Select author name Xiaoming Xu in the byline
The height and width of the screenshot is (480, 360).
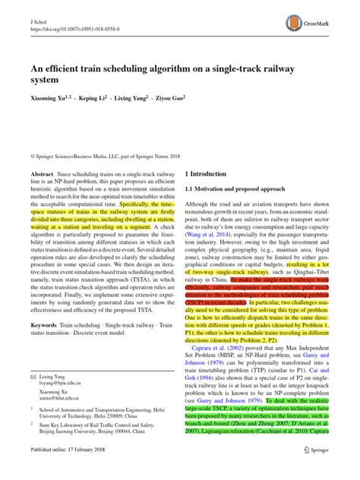point(50,98)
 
